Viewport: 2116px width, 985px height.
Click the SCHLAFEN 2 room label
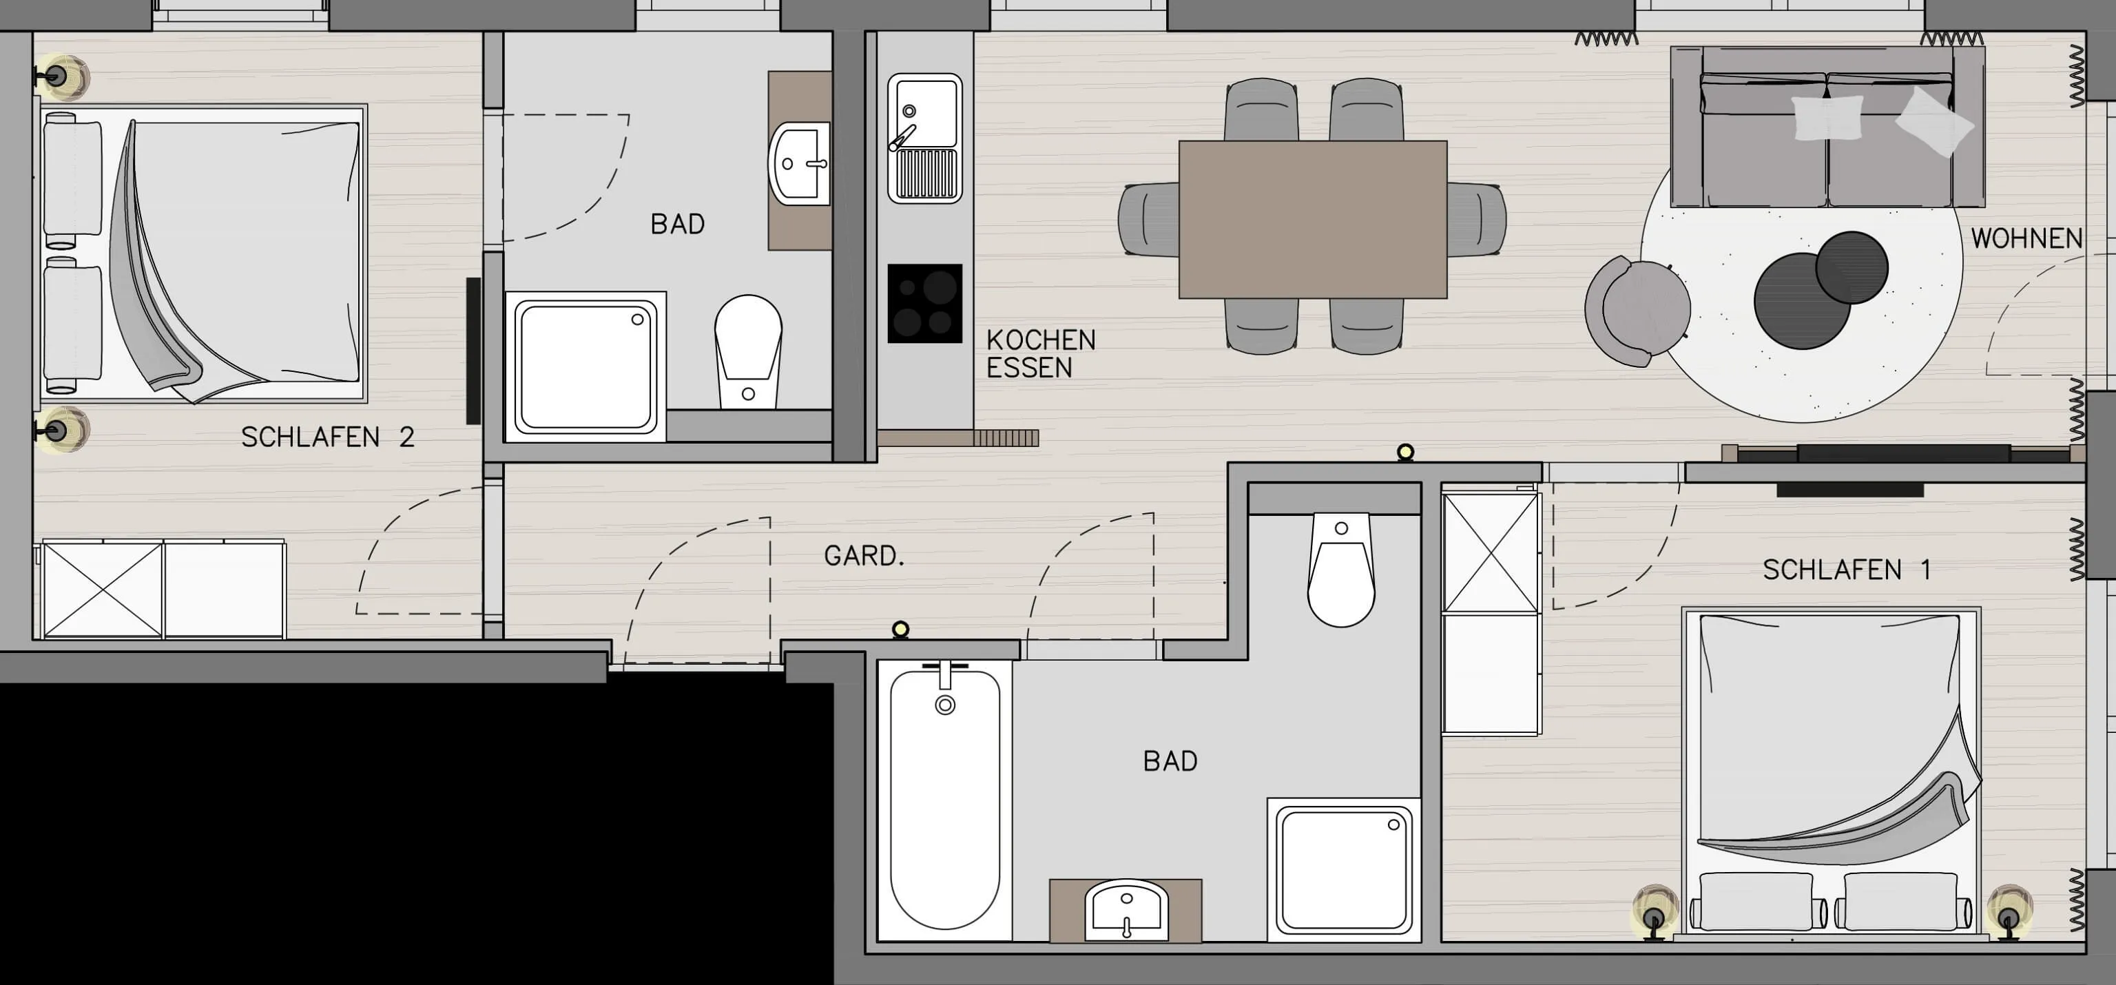pos(327,437)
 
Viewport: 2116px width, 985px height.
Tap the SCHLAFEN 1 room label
pos(1847,570)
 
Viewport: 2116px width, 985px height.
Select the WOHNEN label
pos(2026,238)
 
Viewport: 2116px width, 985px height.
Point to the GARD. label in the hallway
pos(864,556)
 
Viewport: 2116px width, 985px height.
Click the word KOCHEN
pos(1041,340)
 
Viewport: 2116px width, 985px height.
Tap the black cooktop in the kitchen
pos(925,303)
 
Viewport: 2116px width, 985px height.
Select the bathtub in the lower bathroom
pos(944,799)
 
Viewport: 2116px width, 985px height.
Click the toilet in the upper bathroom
pos(747,351)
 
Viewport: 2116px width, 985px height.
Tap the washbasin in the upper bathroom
pos(799,163)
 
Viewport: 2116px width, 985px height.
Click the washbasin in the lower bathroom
pos(1127,910)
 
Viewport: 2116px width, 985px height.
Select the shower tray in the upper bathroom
pos(585,366)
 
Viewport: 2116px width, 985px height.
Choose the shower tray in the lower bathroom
pos(1345,870)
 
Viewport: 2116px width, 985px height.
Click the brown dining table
pos(1313,219)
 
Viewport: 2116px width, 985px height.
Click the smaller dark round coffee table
pos(1851,268)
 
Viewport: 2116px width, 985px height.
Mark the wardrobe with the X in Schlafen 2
pos(103,589)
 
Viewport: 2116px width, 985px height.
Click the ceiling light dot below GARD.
pos(900,630)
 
